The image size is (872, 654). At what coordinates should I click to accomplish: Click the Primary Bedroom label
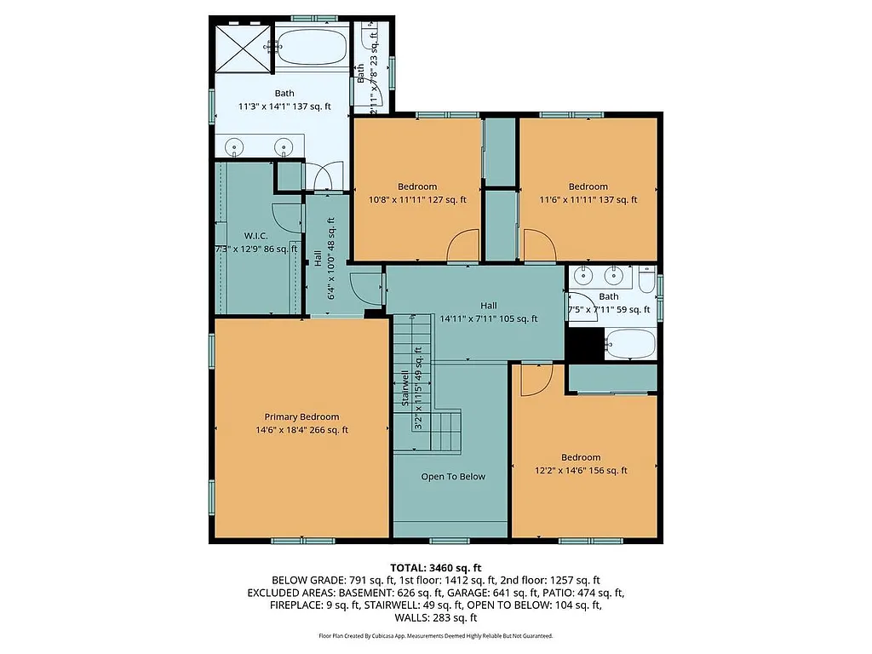click(x=301, y=416)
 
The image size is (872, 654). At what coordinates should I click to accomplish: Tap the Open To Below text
click(x=453, y=476)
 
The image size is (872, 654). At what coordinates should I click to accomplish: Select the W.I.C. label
click(x=256, y=235)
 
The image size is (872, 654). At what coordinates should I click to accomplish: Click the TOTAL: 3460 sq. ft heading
click(x=436, y=567)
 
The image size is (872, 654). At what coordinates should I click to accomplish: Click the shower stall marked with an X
click(x=242, y=48)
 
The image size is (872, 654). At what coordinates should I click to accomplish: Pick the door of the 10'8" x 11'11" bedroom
click(x=465, y=247)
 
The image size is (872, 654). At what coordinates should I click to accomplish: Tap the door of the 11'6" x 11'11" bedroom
click(x=538, y=247)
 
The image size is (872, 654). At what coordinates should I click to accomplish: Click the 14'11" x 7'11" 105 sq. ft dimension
click(x=489, y=319)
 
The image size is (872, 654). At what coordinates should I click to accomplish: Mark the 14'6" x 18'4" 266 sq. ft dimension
click(x=301, y=430)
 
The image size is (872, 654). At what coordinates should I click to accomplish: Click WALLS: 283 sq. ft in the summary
click(x=436, y=617)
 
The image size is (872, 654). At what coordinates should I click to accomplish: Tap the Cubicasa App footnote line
click(x=436, y=636)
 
